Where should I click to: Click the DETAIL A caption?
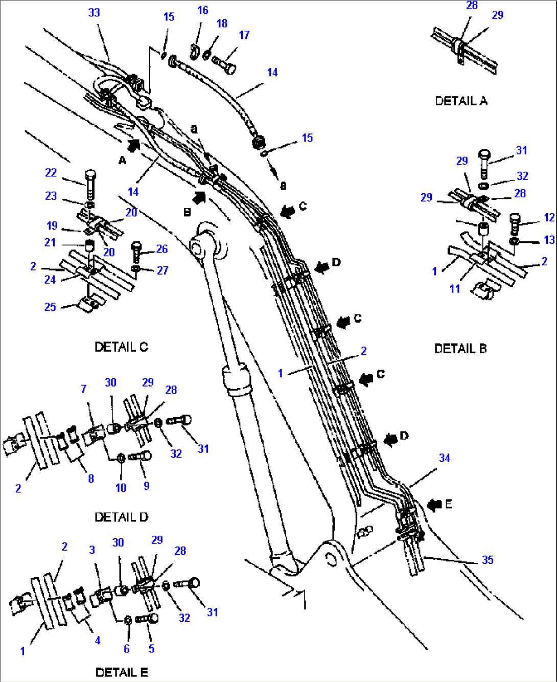[x=461, y=101]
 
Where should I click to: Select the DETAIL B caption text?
[x=460, y=349]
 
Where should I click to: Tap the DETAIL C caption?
[x=121, y=347]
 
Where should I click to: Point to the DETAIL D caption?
[x=121, y=517]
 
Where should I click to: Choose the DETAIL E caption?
[x=122, y=672]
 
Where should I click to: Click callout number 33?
[x=94, y=13]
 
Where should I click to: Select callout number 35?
[x=488, y=560]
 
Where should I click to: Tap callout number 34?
[x=445, y=458]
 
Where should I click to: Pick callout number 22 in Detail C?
[x=51, y=173]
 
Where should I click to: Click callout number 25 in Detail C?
[x=50, y=307]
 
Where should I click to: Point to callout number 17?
[x=244, y=35]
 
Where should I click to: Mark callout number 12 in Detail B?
[x=549, y=217]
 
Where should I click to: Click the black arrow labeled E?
[x=434, y=505]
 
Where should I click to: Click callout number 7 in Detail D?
[x=83, y=389]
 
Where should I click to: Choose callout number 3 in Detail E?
[x=92, y=550]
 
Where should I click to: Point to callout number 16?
[x=203, y=10]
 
